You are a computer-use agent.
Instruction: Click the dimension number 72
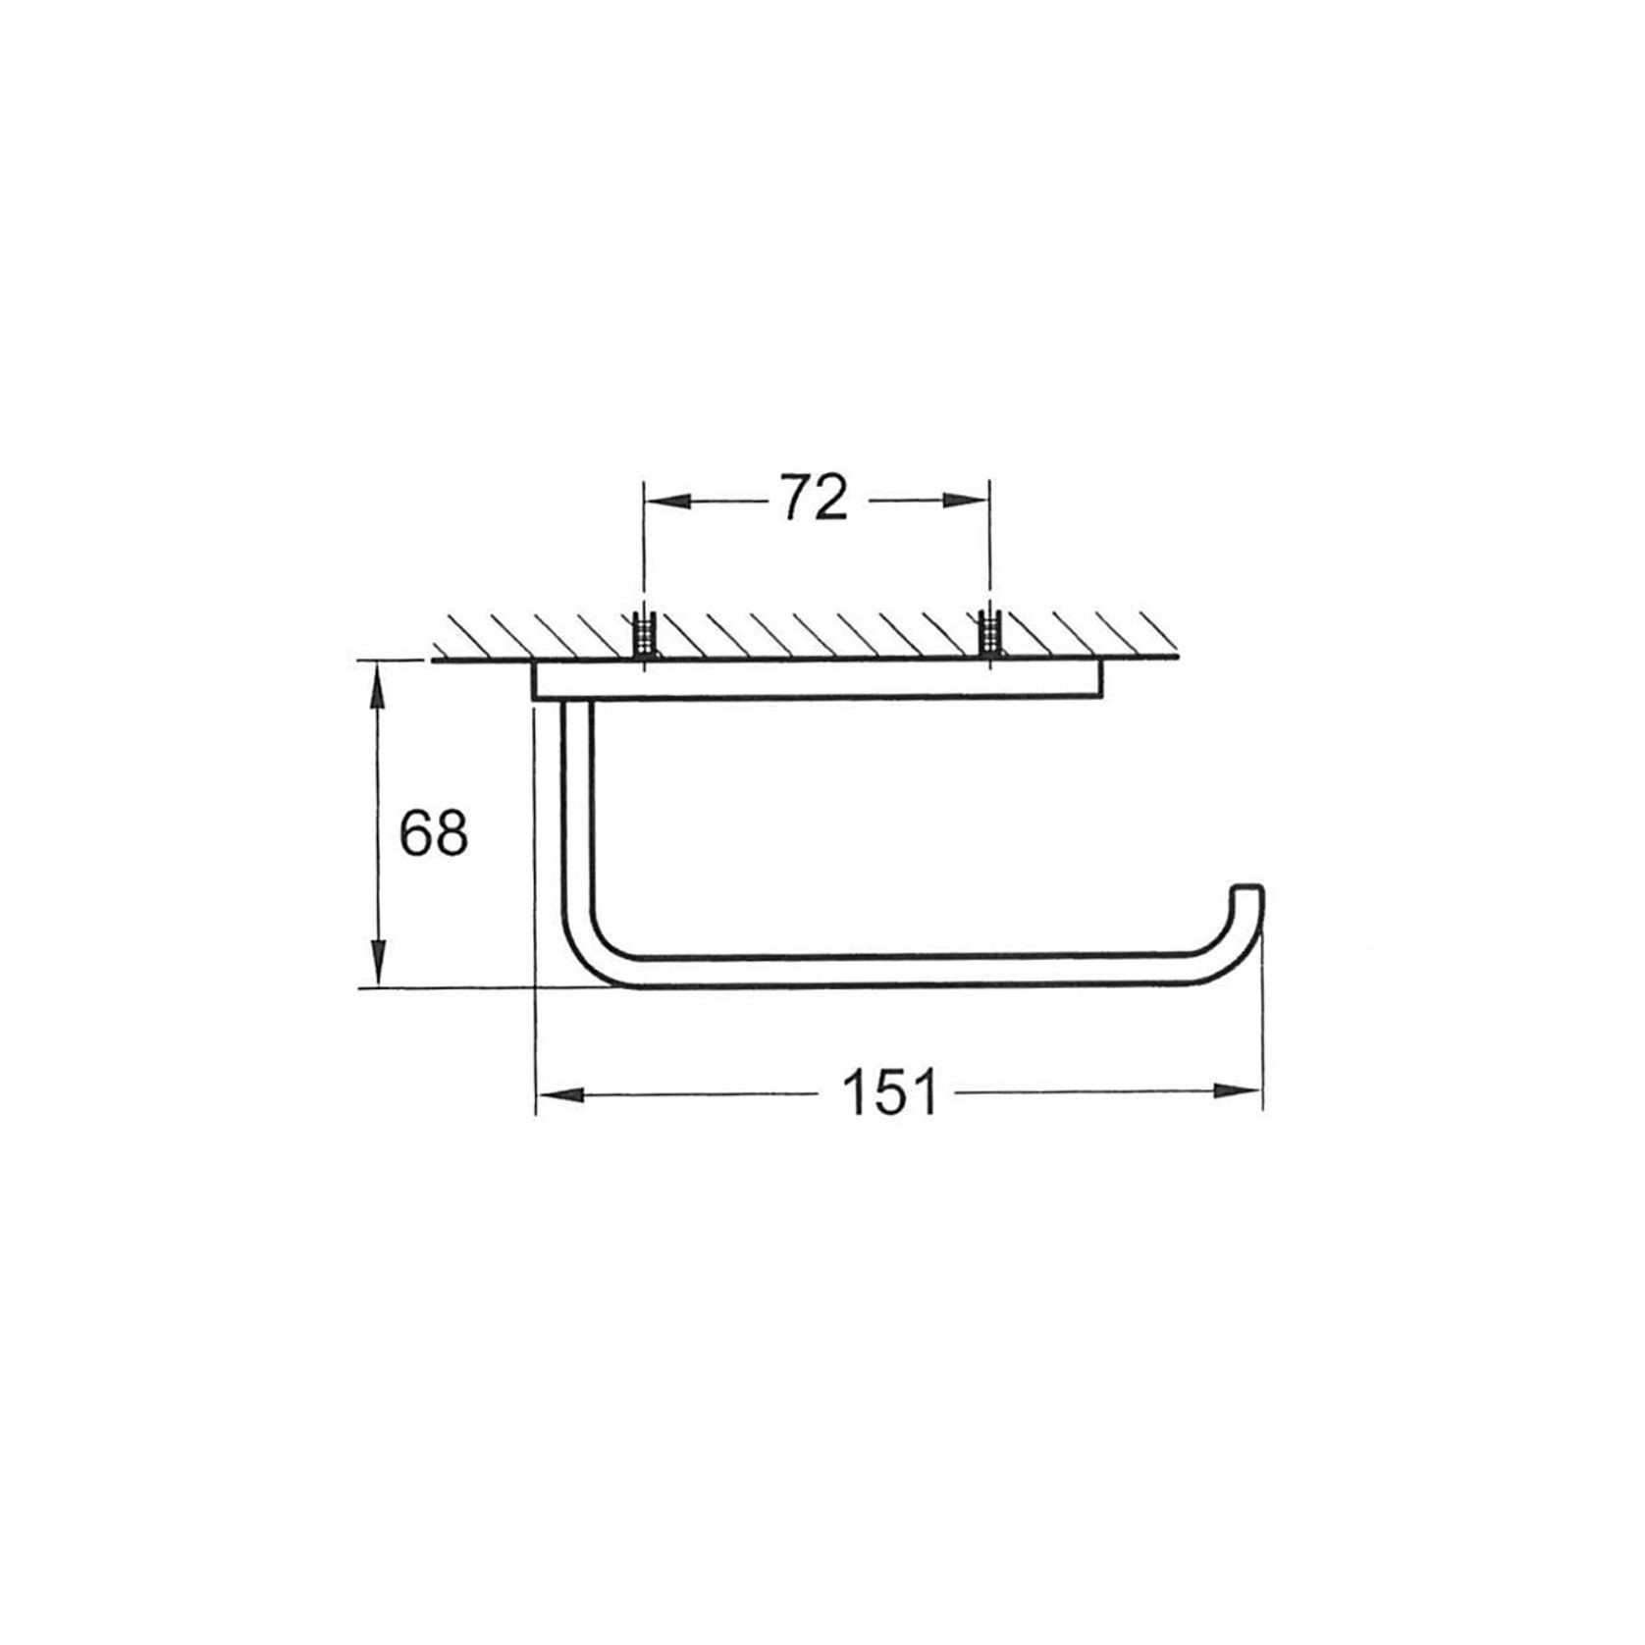pos(814,499)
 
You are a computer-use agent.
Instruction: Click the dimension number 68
pos(433,833)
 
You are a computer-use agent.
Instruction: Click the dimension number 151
pos(889,1092)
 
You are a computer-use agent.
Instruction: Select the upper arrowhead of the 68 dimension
pos(377,682)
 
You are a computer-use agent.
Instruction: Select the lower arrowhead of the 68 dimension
pos(377,966)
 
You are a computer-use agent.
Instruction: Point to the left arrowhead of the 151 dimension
pos(557,1093)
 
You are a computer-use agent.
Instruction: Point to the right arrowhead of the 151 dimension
pos(1241,1090)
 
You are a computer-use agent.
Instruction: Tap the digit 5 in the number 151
pos(889,1092)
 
